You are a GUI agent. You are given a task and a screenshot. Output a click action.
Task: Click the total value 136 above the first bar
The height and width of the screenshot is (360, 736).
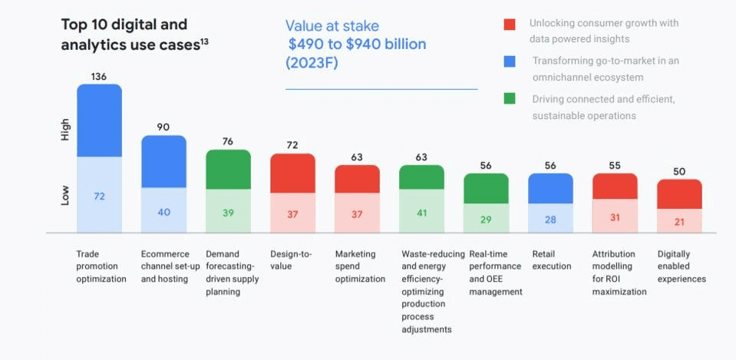(99, 76)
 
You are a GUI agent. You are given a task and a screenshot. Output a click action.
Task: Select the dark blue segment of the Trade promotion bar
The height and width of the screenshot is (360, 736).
(99, 121)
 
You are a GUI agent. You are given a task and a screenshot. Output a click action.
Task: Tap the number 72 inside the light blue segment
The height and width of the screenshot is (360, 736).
(99, 197)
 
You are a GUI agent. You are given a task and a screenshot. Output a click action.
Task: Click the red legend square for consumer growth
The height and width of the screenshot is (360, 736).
(510, 25)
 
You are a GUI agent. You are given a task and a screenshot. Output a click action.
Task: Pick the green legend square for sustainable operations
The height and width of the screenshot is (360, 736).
(510, 99)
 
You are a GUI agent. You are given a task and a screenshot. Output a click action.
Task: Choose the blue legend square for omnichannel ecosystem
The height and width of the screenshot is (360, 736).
(510, 61)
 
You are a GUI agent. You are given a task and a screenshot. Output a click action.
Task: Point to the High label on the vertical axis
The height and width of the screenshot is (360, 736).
(65, 129)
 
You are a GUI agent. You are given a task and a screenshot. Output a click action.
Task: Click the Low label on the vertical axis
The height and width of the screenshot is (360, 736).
(65, 195)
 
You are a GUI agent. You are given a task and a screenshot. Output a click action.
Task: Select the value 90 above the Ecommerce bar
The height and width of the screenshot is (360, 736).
(163, 127)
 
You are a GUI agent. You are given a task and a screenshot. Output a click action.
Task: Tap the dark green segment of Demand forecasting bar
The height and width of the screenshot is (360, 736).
(228, 169)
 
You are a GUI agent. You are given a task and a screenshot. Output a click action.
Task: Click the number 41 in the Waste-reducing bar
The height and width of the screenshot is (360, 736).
(421, 213)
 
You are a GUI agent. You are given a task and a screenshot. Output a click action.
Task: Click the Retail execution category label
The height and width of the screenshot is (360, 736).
(551, 260)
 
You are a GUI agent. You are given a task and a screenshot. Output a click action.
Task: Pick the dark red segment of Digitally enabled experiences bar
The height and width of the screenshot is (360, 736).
(679, 194)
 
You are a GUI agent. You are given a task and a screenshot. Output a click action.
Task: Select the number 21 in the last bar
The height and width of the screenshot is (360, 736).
(679, 222)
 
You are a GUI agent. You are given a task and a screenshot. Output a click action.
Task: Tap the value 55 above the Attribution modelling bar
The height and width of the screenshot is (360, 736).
(615, 165)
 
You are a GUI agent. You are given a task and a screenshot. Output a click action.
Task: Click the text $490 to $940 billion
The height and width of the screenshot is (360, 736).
(357, 45)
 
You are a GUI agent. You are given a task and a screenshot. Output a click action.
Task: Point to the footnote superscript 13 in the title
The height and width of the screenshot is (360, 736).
(204, 41)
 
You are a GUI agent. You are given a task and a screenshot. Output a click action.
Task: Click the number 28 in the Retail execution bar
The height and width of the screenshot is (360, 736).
(550, 220)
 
